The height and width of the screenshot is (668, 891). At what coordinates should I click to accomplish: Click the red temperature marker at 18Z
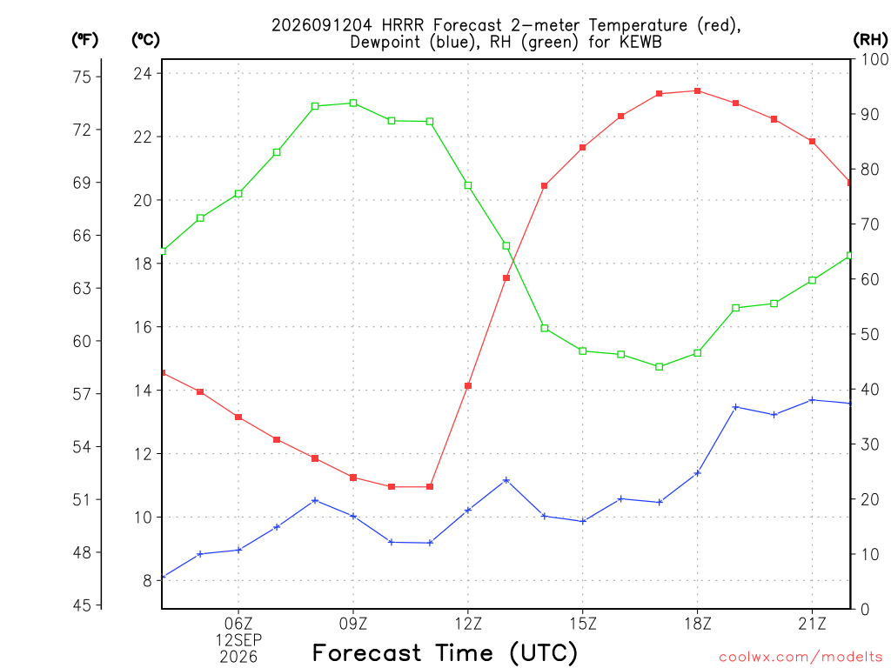(x=697, y=90)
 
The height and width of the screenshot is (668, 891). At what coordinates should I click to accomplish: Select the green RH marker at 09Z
(x=353, y=103)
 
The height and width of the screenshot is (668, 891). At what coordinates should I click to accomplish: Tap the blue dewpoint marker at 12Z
(x=468, y=510)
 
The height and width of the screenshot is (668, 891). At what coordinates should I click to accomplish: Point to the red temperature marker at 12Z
(x=468, y=386)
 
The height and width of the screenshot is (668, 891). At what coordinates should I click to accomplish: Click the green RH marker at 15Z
(x=582, y=351)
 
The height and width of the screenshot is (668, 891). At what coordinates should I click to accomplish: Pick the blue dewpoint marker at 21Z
(x=812, y=400)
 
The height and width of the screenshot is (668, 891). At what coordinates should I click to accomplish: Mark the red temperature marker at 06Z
(x=238, y=417)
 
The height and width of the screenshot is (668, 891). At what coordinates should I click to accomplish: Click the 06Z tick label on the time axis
(x=238, y=624)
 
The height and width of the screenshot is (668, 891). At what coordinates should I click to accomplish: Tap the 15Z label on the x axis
(x=583, y=624)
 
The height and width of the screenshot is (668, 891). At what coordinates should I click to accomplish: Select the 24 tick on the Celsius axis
(x=143, y=74)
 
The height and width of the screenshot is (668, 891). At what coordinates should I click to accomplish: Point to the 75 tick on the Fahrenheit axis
(x=82, y=77)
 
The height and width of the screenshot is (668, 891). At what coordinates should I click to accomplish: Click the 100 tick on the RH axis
(x=874, y=59)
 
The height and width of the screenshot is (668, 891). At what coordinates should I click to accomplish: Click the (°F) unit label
(x=84, y=40)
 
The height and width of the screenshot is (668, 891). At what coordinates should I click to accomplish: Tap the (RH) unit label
(x=870, y=40)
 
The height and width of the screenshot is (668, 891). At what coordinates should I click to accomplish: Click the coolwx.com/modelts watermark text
(x=801, y=658)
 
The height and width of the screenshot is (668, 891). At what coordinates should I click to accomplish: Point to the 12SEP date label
(x=238, y=640)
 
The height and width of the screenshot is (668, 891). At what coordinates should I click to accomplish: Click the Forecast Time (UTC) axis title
(x=445, y=652)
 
